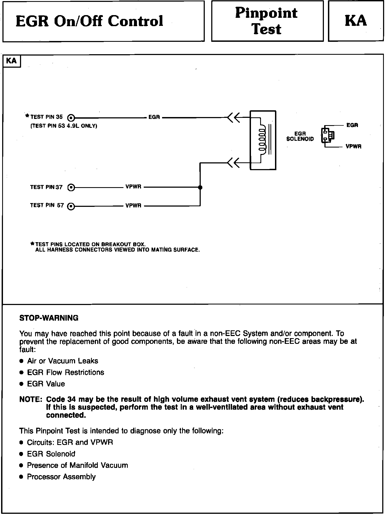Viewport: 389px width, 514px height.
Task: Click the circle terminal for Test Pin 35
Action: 71,118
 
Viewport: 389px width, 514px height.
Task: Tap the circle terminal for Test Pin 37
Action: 71,187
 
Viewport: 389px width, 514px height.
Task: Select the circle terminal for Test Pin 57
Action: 71,206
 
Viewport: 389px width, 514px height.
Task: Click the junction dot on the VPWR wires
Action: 200,187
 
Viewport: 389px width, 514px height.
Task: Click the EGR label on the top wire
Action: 154,117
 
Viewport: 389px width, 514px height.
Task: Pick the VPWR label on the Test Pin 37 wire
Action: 133,187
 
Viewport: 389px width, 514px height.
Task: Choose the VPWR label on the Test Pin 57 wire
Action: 133,206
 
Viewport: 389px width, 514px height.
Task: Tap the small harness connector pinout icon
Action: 327,135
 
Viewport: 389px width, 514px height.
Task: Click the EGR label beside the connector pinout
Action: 352,125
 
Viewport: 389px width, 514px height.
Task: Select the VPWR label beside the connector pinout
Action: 354,147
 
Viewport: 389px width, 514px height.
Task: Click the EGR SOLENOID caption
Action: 300,136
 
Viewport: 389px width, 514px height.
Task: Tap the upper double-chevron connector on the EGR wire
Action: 233,118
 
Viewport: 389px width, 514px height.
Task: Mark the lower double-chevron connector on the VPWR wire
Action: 233,163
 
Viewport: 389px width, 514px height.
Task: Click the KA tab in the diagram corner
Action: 11,61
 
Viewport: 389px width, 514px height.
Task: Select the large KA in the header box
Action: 356,21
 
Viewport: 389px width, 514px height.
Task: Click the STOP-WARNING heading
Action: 49,318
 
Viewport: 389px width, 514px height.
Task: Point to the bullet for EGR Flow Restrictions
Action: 22,373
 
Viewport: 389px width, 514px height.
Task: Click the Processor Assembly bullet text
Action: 61,477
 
